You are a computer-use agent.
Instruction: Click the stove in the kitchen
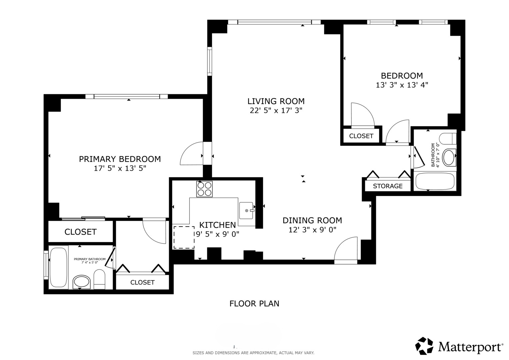click(204, 189)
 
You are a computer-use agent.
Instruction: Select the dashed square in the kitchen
click(184, 237)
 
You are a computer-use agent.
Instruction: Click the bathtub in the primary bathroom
click(59, 267)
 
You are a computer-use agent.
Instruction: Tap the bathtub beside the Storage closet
click(435, 181)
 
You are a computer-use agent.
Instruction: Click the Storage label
click(388, 186)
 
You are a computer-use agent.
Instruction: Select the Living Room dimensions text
click(276, 111)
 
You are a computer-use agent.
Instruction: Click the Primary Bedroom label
click(120, 159)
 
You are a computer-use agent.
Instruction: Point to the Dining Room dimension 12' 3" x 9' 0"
click(312, 230)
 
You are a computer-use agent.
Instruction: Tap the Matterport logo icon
click(424, 346)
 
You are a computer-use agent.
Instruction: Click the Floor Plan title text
click(254, 304)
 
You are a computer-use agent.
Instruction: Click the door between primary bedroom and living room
click(192, 154)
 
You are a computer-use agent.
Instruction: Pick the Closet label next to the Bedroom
click(361, 136)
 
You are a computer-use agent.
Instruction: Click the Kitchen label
click(217, 225)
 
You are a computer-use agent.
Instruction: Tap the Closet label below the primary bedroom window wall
click(80, 232)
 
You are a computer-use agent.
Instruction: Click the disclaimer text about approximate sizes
click(253, 353)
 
